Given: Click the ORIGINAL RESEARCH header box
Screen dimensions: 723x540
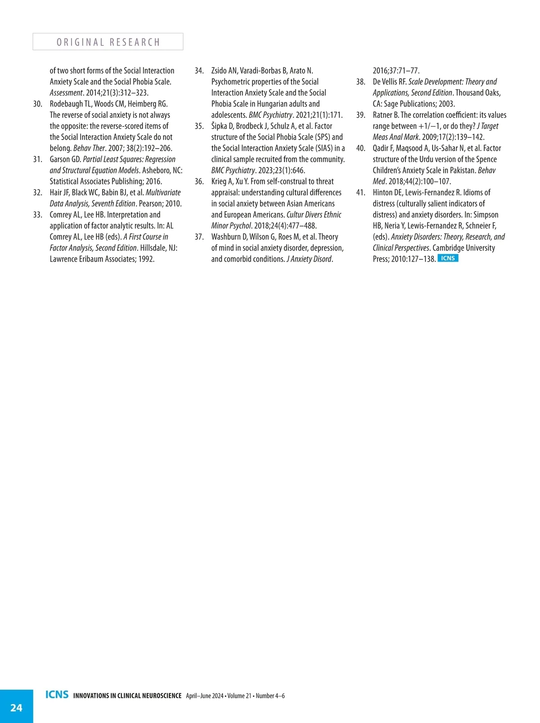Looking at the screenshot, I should click(108, 42).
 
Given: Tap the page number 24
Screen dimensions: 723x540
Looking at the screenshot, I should click(16, 707).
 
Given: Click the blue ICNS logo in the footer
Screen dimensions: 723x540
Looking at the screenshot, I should click(57, 695).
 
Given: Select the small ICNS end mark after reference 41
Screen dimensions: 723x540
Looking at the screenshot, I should click(448, 258).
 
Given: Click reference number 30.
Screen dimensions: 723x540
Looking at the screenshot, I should click(37, 104).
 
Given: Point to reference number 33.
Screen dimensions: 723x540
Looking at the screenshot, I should click(37, 215).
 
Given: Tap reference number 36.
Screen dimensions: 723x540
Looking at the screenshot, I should click(199, 181).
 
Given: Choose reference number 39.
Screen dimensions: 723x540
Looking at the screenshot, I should click(360, 115).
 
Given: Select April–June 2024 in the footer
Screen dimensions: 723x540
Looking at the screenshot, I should click(205, 696).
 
